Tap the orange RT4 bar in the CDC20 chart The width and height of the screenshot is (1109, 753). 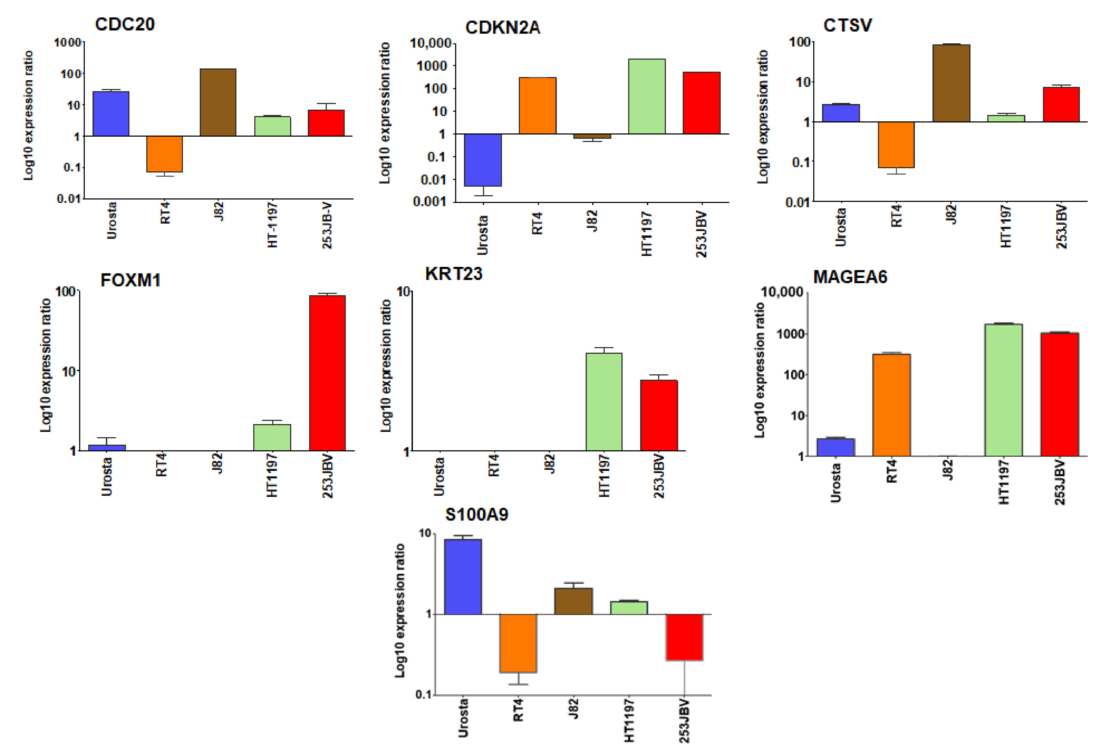(164, 154)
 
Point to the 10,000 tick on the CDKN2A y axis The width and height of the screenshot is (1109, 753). (431, 43)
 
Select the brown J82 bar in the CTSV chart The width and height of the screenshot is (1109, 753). (951, 83)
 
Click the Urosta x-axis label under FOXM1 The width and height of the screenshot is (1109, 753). (107, 476)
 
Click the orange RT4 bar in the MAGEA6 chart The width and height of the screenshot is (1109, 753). (891, 405)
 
